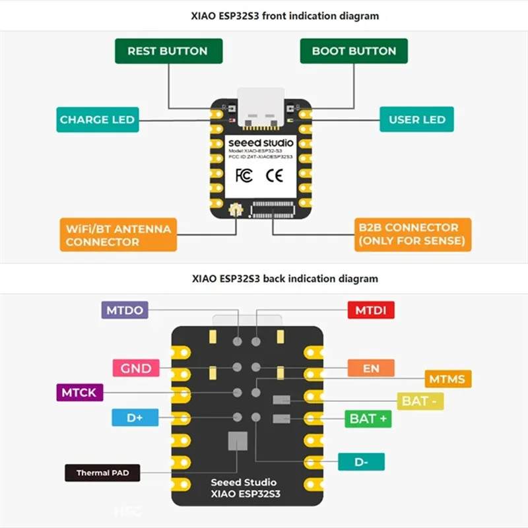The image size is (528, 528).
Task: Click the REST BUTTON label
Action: click(168, 51)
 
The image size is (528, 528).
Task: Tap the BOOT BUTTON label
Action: click(354, 51)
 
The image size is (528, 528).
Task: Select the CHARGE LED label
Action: click(97, 119)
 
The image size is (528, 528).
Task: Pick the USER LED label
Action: click(416, 119)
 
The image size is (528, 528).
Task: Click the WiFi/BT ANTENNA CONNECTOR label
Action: click(118, 235)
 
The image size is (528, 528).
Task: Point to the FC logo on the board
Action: click(244, 176)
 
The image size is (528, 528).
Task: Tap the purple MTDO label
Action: click(124, 310)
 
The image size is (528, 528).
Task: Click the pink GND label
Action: click(136, 368)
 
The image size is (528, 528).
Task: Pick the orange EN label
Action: click(371, 368)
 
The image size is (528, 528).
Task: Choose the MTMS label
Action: click(447, 379)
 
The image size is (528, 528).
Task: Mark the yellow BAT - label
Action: click(419, 401)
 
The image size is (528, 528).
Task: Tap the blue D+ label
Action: click(135, 418)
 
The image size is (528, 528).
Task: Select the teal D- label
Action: click(361, 462)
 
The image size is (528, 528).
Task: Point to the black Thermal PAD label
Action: click(102, 473)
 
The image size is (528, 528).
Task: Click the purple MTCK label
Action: click(79, 393)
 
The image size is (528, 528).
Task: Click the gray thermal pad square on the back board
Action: click(237, 441)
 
